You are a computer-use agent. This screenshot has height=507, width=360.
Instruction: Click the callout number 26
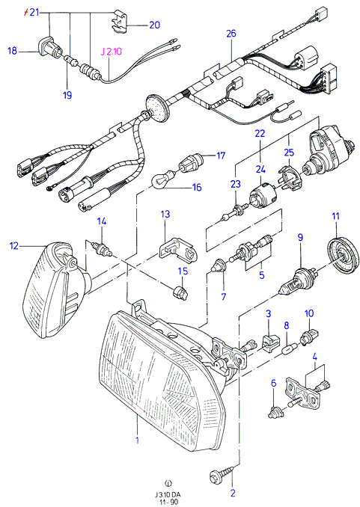(231, 34)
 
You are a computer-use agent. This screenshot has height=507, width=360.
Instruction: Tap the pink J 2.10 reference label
(111, 52)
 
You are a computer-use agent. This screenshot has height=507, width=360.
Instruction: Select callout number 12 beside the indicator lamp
(14, 246)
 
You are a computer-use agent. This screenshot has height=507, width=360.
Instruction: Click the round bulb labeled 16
(163, 178)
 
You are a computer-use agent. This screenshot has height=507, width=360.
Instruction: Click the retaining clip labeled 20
(120, 22)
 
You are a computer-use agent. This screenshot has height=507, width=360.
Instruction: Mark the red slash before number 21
(27, 13)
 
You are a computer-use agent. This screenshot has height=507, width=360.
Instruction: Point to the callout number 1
(137, 440)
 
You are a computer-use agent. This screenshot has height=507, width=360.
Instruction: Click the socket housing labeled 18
(49, 50)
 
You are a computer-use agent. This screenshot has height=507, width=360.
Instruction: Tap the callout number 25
(289, 152)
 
